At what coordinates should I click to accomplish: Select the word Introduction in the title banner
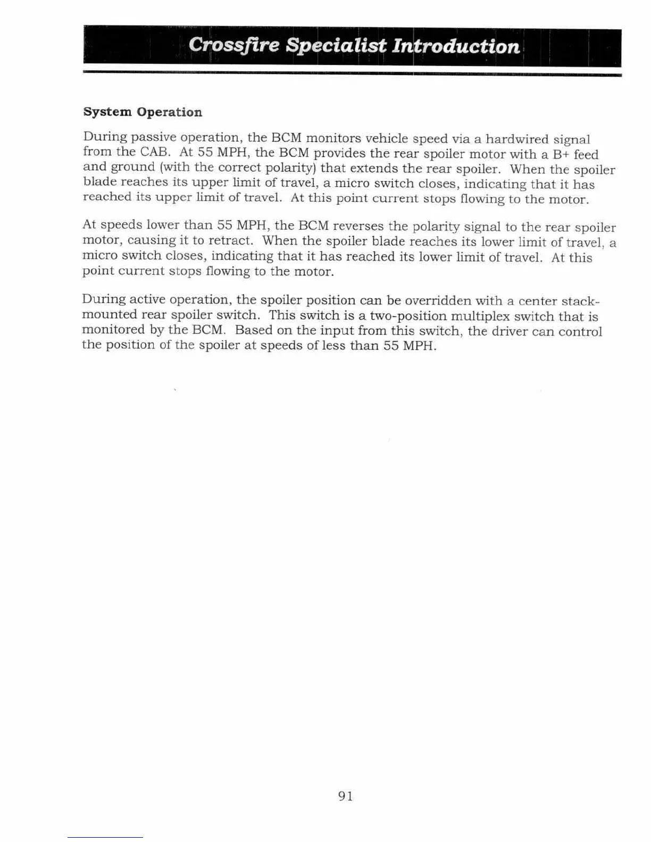point(455,46)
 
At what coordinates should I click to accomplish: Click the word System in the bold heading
point(107,112)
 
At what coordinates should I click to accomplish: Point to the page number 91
point(345,796)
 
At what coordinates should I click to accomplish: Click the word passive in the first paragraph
point(154,138)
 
